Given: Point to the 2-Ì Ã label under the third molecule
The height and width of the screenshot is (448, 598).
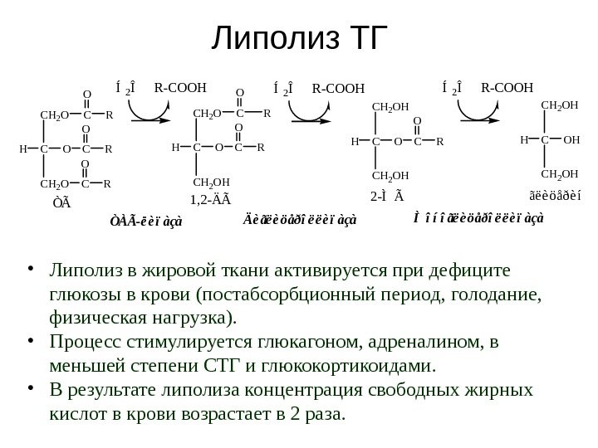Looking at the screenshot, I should tap(387, 197).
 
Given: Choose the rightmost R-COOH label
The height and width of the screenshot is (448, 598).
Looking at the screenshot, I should tap(507, 85).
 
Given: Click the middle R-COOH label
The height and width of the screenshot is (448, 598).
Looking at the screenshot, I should tap(338, 85).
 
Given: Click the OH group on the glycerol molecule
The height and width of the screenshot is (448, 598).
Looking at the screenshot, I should tap(571, 140).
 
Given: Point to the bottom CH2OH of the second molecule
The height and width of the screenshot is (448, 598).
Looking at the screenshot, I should tap(211, 181).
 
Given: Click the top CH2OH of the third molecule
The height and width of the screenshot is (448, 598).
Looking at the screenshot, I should tap(390, 106).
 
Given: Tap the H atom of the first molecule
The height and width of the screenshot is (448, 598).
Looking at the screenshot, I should tap(23, 150).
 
